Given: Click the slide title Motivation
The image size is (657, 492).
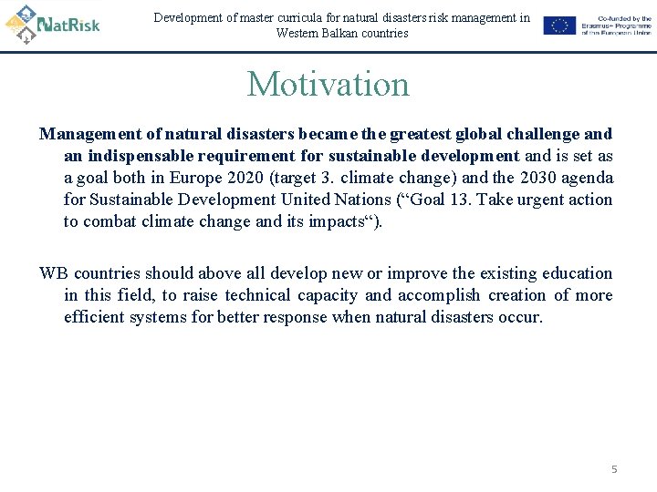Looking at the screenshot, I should pyautogui.click(x=328, y=85).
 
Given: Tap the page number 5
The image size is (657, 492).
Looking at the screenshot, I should pyautogui.click(x=614, y=469).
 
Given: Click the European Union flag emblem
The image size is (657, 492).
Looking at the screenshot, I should pyautogui.click(x=559, y=26).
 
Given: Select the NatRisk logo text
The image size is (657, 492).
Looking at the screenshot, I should pyautogui.click(x=70, y=24).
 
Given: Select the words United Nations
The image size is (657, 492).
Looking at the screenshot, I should pyautogui.click(x=332, y=200).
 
